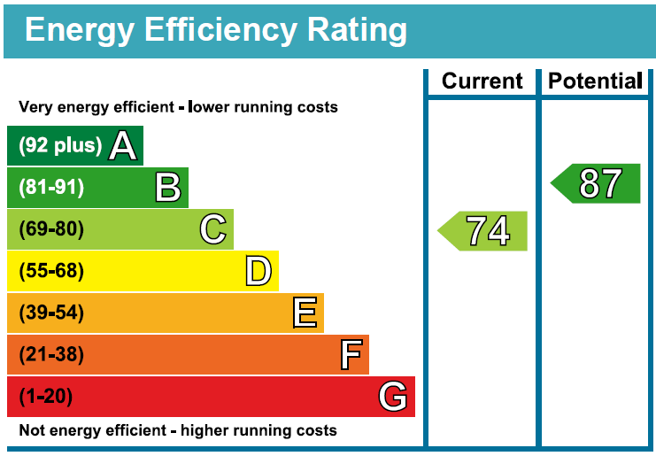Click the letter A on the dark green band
(x=123, y=146)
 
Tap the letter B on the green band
(x=168, y=188)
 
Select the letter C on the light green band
(x=213, y=229)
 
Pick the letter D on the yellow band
(x=258, y=271)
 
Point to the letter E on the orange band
(x=305, y=313)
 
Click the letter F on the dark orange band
(x=351, y=355)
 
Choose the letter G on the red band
(x=393, y=397)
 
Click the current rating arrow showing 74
(x=483, y=231)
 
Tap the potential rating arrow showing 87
(x=596, y=184)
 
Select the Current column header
(x=482, y=81)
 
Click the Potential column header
(x=595, y=81)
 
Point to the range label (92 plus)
(x=60, y=146)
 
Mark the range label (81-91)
(x=51, y=188)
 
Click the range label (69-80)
(x=51, y=229)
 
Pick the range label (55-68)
(x=51, y=271)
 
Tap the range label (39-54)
(x=51, y=313)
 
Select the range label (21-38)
(x=51, y=355)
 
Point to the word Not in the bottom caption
(x=32, y=431)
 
